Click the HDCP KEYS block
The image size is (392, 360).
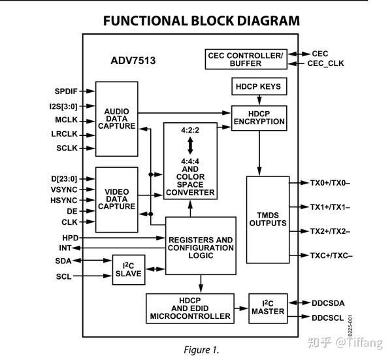point(259,86)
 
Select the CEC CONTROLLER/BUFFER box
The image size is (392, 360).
point(246,59)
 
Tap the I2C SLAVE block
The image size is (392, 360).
point(129,270)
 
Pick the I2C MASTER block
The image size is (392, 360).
point(268,308)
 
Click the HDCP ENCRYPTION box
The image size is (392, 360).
point(259,118)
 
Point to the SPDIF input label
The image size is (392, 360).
point(66,91)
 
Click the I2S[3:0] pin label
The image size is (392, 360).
point(63,106)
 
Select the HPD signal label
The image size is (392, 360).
point(71,238)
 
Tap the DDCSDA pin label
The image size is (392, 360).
point(328,303)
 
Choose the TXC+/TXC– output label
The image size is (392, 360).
point(331,255)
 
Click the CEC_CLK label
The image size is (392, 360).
point(325,63)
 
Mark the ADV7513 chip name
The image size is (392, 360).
point(133,61)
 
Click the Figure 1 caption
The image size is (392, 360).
point(201,350)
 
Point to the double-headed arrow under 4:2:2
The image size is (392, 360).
point(190,146)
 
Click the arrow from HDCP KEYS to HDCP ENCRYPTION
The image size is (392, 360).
point(259,100)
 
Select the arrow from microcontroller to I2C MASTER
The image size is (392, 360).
point(241,308)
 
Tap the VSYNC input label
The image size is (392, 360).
point(64,189)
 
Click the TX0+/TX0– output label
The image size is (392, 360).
point(330,183)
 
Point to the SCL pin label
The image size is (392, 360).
point(64,276)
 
